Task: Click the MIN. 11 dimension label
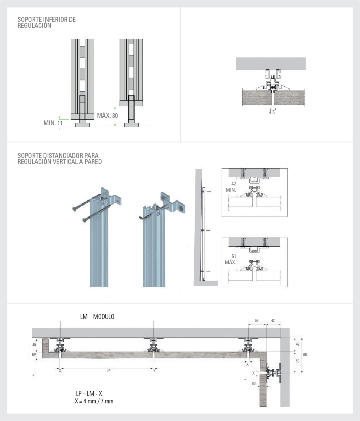point(53,123)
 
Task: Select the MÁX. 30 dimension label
point(107,116)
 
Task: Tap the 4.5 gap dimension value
point(272,112)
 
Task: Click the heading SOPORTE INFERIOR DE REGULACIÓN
point(46,23)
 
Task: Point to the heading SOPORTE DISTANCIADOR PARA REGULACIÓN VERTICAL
point(60,159)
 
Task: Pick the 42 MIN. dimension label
point(231,187)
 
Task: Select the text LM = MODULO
point(97,317)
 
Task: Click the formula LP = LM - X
point(89,394)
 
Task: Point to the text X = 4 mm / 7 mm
point(94,401)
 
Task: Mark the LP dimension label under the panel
point(108,371)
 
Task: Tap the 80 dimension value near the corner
point(253,383)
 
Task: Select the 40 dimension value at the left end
point(34,345)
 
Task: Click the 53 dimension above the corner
point(256,321)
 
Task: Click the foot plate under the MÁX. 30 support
point(131,125)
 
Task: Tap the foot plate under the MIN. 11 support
point(82,125)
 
